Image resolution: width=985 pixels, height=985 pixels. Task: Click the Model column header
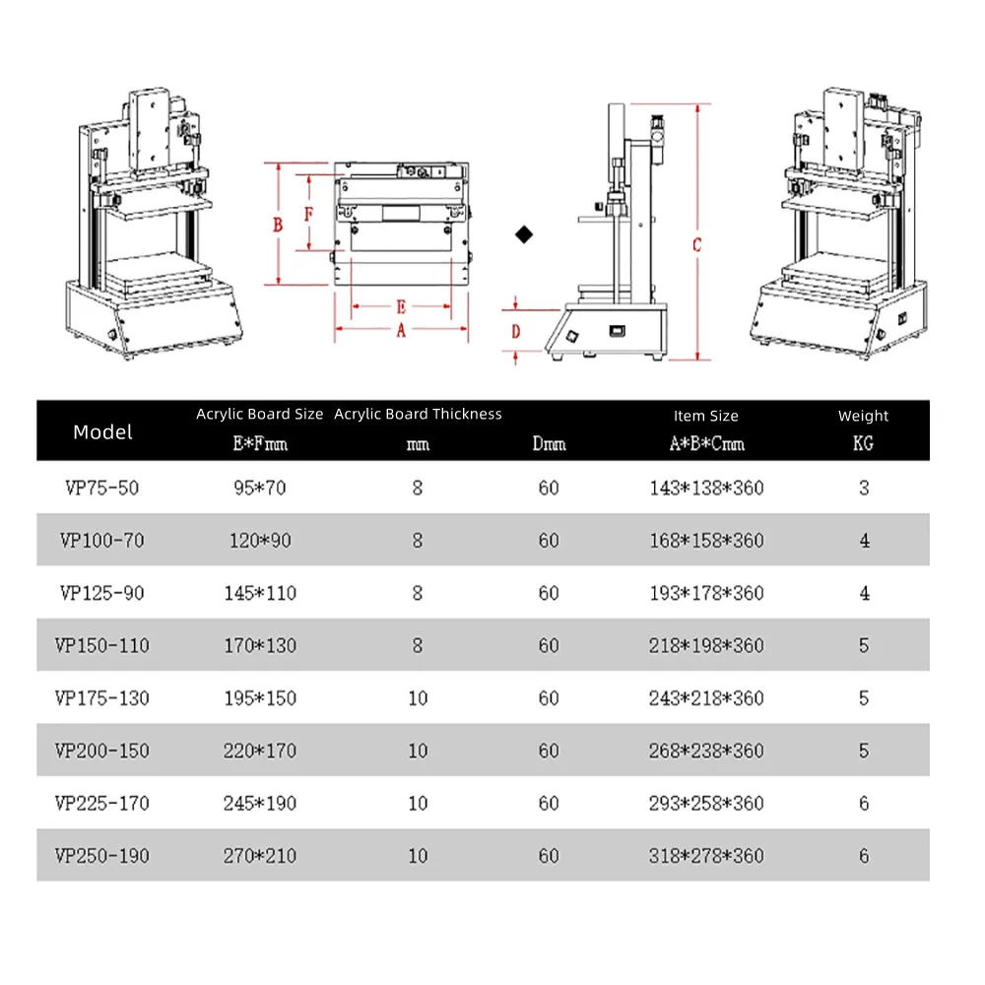pos(102,431)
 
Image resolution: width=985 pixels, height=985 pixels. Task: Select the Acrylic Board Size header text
pos(259,414)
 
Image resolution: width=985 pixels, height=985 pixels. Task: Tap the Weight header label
pos(863,416)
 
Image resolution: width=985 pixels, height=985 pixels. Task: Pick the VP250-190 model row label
pos(102,856)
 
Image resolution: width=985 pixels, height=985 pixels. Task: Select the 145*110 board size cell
pos(260,593)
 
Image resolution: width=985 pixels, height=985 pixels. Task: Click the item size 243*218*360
pos(706,698)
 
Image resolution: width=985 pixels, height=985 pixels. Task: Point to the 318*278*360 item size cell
pos(706,856)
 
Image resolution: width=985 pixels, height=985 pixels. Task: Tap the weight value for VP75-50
pos(864,488)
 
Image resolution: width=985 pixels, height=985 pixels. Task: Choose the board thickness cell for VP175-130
pos(418,698)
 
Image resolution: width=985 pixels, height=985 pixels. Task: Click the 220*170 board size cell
pos(260,751)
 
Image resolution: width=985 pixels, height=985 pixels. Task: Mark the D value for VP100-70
pos(549,541)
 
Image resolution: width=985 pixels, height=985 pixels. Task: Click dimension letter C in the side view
pos(696,245)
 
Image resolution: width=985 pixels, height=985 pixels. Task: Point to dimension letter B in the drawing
pos(279,225)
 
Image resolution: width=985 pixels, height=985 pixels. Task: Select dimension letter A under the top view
pos(401,332)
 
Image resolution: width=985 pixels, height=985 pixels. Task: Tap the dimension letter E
pos(401,306)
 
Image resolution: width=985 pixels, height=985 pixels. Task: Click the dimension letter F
pos(308,213)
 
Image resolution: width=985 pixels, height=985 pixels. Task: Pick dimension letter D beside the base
pos(515,332)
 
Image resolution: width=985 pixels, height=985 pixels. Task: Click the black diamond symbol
pos(525,233)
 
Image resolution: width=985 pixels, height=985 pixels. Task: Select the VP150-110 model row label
pos(102,645)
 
